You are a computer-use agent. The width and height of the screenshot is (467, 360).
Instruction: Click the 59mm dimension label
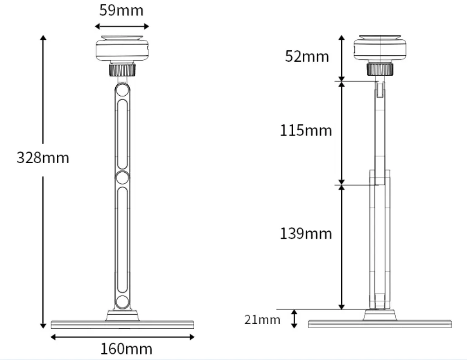coord(121,10)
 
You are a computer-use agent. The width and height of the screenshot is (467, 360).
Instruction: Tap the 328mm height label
coord(43,158)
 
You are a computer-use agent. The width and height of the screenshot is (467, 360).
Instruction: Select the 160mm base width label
coord(126,349)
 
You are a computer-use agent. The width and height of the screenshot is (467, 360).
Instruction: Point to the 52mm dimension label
coord(307,56)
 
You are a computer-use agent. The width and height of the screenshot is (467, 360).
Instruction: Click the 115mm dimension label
coord(306,130)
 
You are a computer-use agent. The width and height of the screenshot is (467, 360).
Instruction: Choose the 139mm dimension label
coord(306,234)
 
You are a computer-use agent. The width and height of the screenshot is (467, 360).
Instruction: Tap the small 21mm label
coord(262,320)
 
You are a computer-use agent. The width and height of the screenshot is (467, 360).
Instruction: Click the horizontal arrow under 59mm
coord(122,26)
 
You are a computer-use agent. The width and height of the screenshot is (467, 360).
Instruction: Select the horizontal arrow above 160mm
coord(123,337)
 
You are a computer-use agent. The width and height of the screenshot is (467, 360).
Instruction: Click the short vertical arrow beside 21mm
coord(294,319)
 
